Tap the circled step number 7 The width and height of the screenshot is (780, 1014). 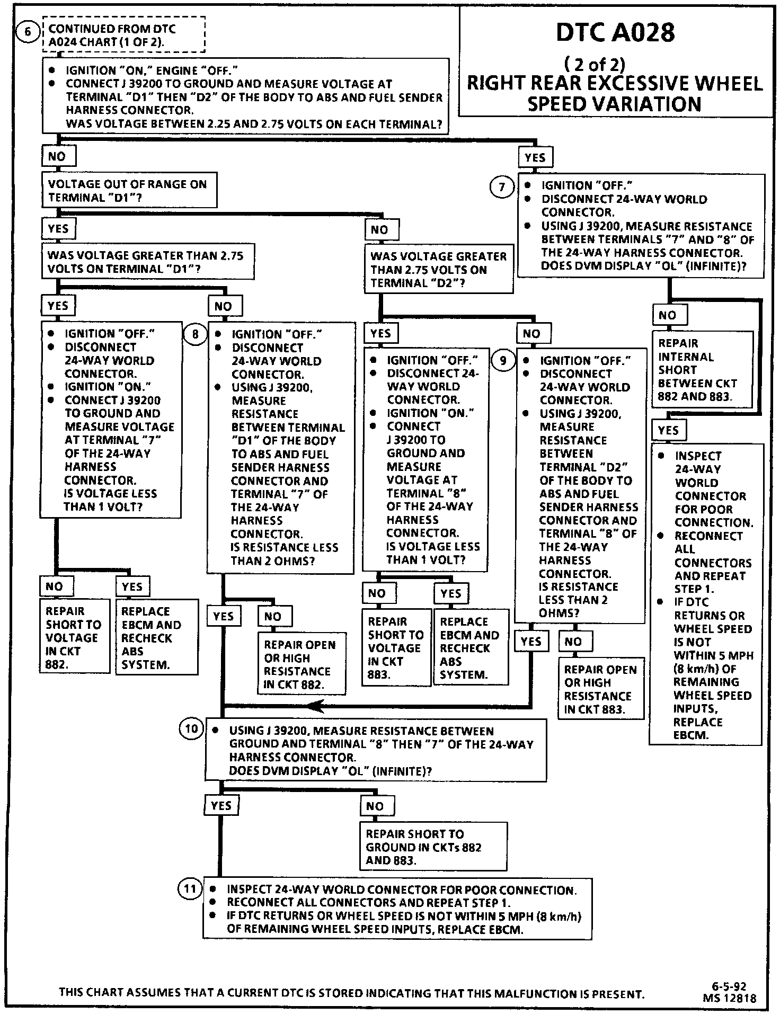[502, 187]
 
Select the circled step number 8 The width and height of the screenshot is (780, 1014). [195, 334]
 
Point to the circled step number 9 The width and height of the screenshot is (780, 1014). [502, 361]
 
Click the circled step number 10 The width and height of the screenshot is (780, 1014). [191, 729]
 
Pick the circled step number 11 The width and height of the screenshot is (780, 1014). [190, 888]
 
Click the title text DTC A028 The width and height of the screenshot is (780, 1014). [615, 33]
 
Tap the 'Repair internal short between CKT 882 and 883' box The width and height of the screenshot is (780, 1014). [702, 370]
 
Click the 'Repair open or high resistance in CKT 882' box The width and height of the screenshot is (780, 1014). [302, 664]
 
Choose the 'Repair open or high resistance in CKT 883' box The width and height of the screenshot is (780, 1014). [600, 689]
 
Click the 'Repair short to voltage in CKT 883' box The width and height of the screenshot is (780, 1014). [396, 647]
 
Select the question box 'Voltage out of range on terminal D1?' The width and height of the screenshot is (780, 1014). [129, 191]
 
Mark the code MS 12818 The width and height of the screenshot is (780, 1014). [730, 998]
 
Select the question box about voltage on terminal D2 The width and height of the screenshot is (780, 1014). [438, 269]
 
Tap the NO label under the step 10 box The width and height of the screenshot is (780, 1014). [375, 806]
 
